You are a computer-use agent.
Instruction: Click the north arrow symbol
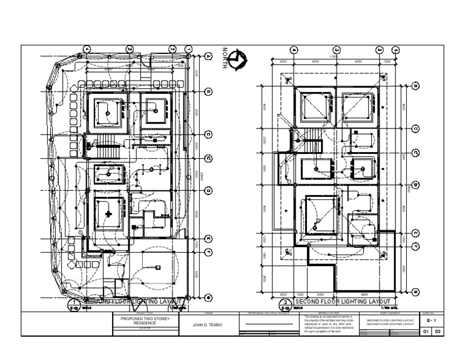click(240, 59)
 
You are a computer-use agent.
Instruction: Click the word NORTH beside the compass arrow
click(225, 59)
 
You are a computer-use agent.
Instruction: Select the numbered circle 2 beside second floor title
click(285, 302)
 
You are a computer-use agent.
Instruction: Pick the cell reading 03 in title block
click(438, 332)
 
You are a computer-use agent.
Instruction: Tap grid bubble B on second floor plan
click(416, 86)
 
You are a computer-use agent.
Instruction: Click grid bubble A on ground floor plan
click(208, 55)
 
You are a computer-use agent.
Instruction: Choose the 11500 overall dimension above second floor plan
click(332, 56)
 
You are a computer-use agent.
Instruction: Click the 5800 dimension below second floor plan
click(364, 294)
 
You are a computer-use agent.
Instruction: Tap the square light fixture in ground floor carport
click(157, 267)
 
